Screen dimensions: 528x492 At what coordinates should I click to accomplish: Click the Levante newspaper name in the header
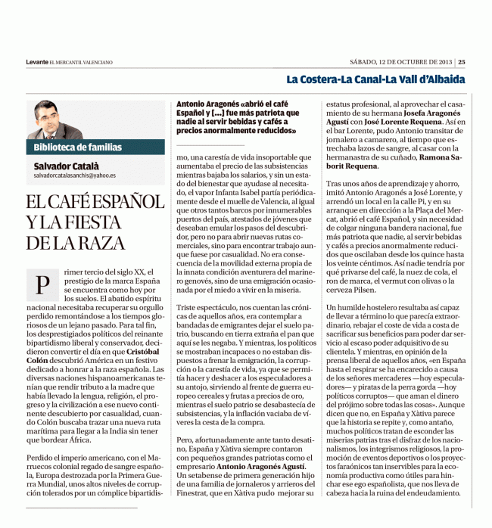36,62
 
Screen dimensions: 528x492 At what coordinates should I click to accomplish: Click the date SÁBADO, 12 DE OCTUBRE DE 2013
401,62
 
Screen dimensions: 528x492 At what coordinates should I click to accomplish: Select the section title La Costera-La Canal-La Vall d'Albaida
375,79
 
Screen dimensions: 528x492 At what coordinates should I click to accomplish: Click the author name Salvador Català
66,164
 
